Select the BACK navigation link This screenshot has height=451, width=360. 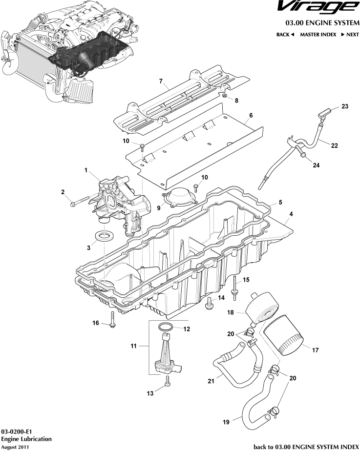click(x=285, y=35)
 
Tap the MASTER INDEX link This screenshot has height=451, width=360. click(x=318, y=35)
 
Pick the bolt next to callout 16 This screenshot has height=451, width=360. click(x=112, y=319)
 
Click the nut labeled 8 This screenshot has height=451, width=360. click(x=224, y=96)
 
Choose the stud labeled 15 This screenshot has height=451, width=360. click(x=235, y=285)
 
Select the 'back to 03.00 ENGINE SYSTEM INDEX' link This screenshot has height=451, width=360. click(x=306, y=446)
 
